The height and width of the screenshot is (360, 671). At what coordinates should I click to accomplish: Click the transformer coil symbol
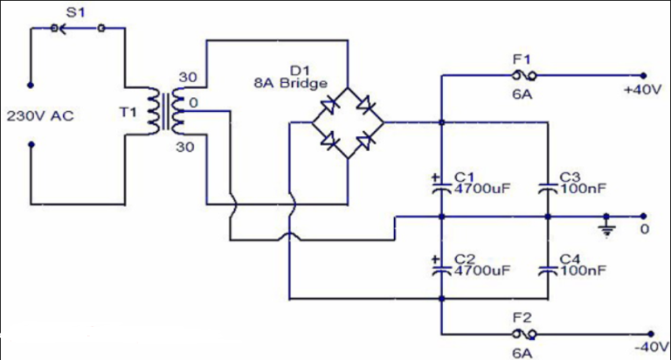pyautogui.click(x=169, y=112)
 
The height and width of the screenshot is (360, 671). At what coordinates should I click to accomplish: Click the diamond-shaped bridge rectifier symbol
pyautogui.click(x=347, y=122)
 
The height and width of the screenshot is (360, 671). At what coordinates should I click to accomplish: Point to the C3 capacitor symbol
pyautogui.click(x=547, y=186)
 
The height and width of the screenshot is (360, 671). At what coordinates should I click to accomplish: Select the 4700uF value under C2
pyautogui.click(x=481, y=271)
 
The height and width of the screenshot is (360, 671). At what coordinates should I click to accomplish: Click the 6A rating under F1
pyautogui.click(x=521, y=93)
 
